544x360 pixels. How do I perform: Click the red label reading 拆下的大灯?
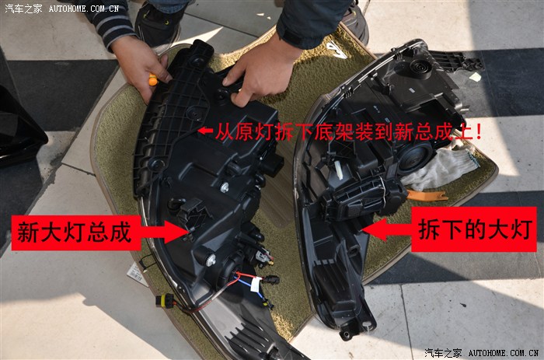(x=474, y=229)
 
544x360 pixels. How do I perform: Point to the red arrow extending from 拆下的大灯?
(x=387, y=229)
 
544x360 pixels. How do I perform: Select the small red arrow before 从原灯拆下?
(x=205, y=131)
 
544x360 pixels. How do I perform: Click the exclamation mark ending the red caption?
(x=479, y=131)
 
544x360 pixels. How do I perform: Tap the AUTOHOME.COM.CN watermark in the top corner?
(x=84, y=9)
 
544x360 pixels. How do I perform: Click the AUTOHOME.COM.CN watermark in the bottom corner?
(x=503, y=353)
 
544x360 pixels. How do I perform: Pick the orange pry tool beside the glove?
(x=427, y=195)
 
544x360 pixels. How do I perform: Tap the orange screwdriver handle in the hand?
(x=153, y=80)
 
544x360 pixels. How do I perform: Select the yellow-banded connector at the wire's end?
(x=165, y=300)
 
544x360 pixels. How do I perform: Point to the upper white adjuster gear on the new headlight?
(x=224, y=188)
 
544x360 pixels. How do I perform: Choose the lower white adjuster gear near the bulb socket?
(x=211, y=260)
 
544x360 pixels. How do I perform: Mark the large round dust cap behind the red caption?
(x=415, y=157)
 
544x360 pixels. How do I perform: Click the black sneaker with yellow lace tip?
(x=158, y=24)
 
